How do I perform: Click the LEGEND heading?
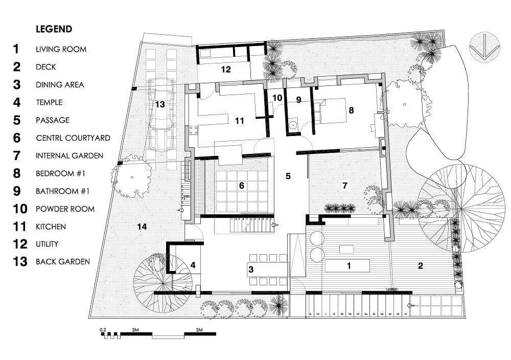[54, 29]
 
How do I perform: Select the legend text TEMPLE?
[49, 102]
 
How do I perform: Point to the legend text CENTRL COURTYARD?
[73, 138]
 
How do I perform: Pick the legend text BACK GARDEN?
[62, 262]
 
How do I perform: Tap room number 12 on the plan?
[225, 69]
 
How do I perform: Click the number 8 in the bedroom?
[351, 109]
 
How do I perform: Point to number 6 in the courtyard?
[241, 186]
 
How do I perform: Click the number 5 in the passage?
[288, 176]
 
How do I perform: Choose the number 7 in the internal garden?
[345, 185]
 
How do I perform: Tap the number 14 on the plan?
[142, 226]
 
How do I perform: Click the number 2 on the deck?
[420, 265]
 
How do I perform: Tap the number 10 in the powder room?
[276, 97]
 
